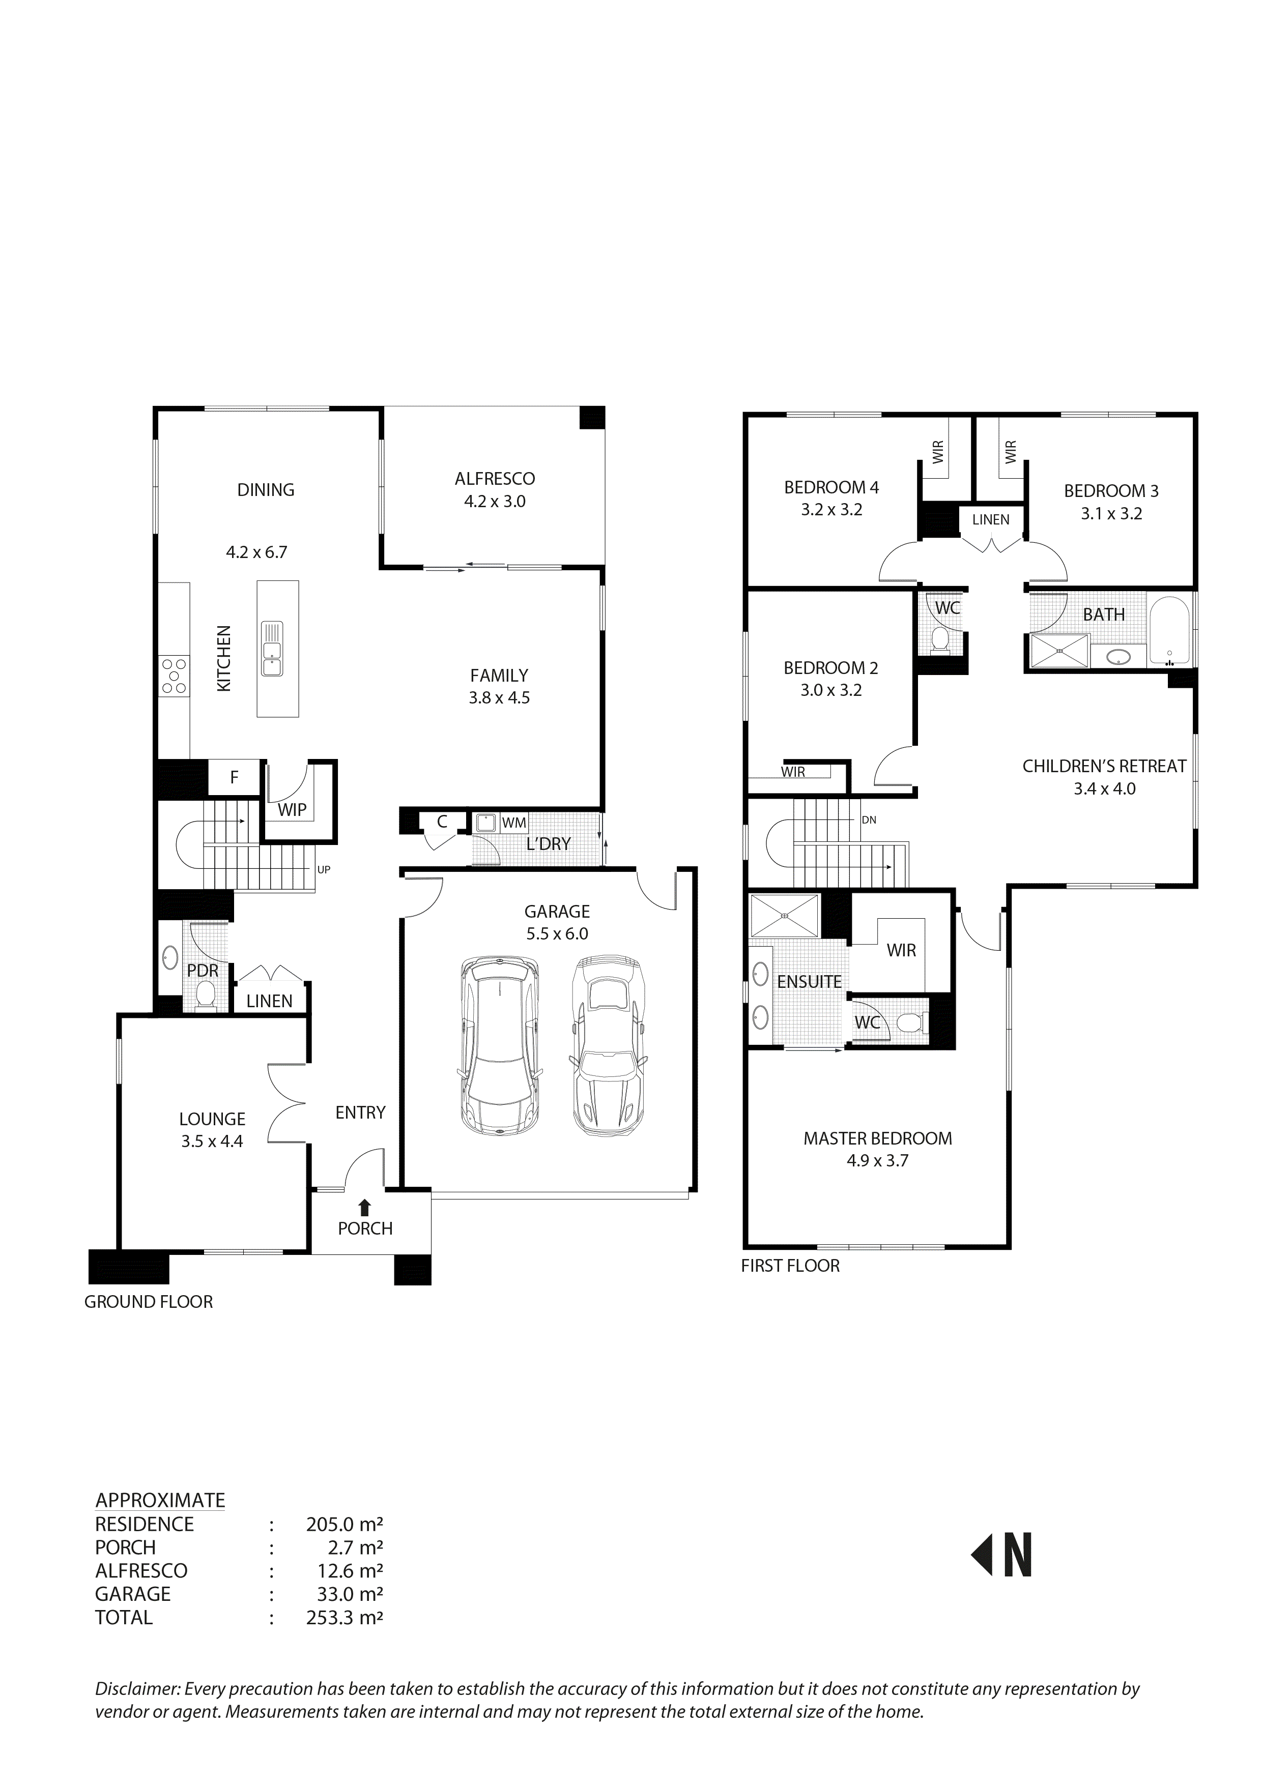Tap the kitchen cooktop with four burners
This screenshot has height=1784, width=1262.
click(174, 676)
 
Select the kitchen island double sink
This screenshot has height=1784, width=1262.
click(272, 649)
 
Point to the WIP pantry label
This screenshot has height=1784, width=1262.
click(292, 810)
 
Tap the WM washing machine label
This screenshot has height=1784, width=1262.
click(513, 823)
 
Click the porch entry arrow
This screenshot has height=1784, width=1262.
click(364, 1207)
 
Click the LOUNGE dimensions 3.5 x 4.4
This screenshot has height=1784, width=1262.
click(212, 1142)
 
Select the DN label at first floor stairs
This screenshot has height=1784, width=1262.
click(869, 820)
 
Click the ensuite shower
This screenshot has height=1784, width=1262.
click(785, 916)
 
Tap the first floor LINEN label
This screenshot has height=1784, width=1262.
click(991, 520)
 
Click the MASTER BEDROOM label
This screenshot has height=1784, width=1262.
click(877, 1138)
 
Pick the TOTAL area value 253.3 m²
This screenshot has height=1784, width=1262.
click(345, 1618)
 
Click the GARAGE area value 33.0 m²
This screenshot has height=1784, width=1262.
click(345, 1594)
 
